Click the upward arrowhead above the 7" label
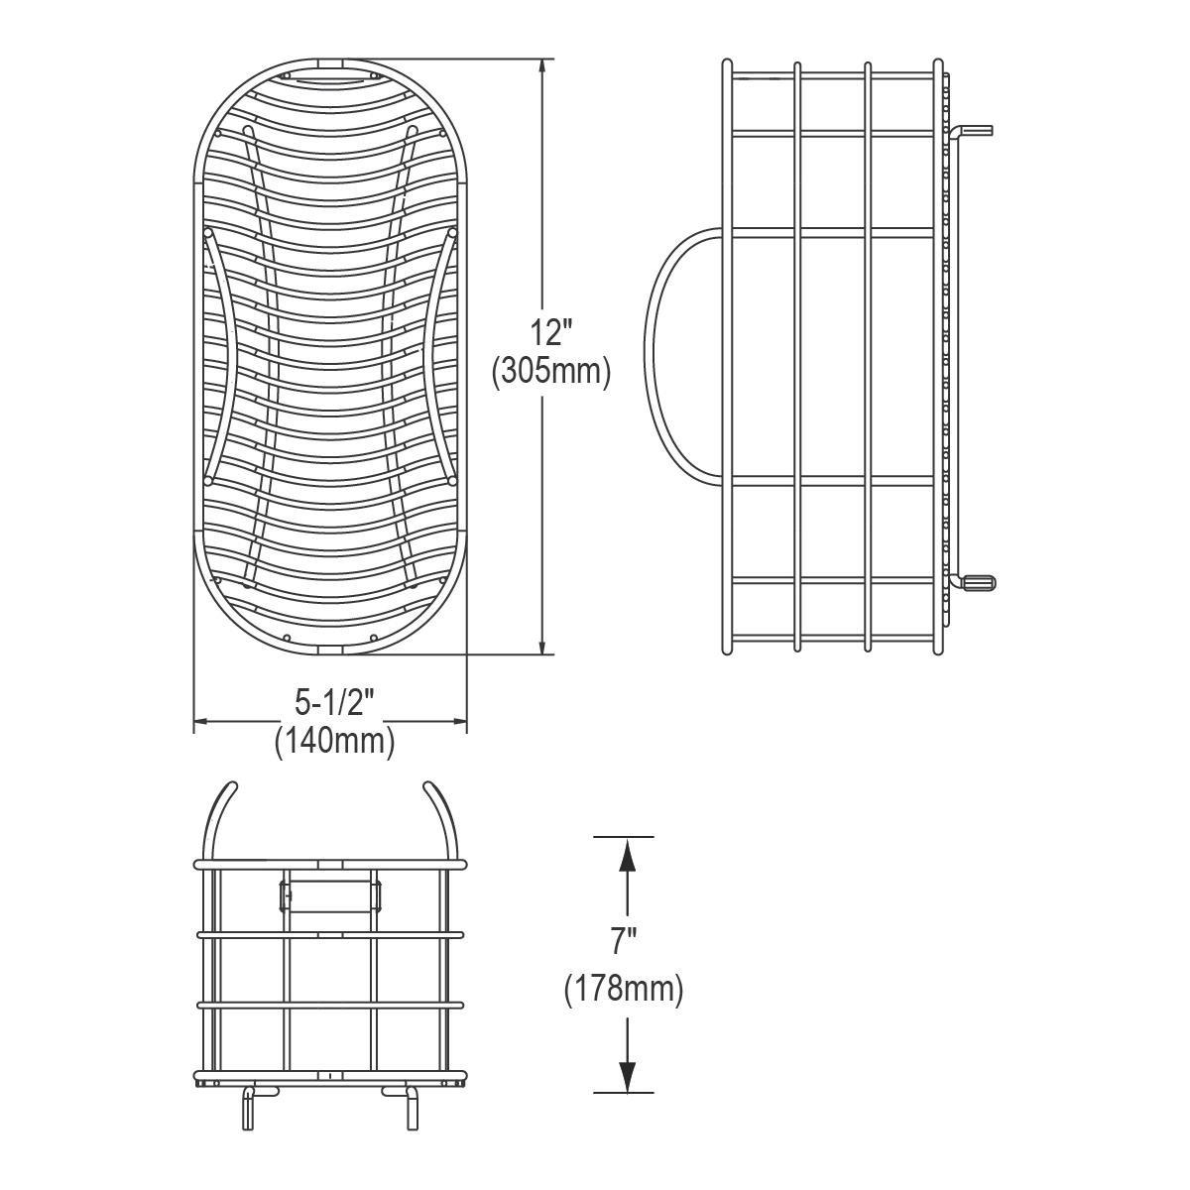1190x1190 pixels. tap(627, 856)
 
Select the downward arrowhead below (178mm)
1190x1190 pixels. tap(627, 1075)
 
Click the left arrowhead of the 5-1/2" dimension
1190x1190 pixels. tap(204, 721)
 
